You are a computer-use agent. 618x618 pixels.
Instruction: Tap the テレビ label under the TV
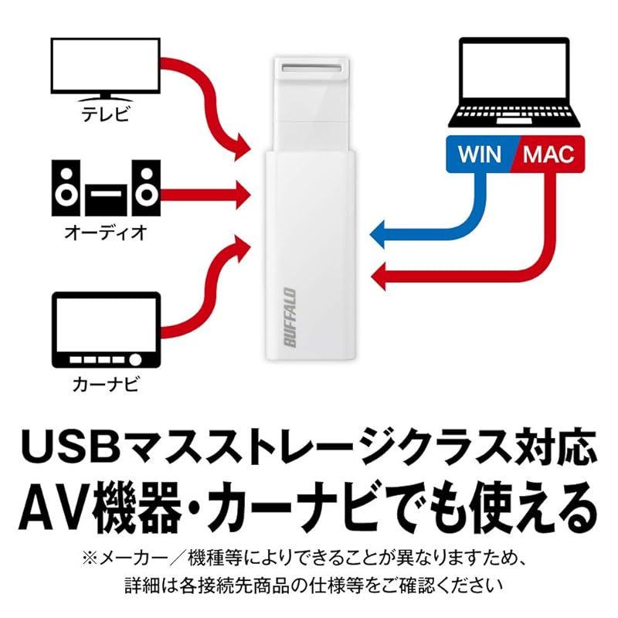[105, 113]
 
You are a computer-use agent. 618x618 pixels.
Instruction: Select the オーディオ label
[106, 233]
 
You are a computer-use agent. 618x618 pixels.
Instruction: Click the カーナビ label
[106, 383]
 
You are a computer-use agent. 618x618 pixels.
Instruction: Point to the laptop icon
[514, 82]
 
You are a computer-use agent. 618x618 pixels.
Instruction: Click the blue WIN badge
[481, 154]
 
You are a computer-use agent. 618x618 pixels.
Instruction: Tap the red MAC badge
[549, 154]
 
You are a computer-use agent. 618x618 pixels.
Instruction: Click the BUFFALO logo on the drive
[290, 317]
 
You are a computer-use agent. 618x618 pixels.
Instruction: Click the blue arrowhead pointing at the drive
[378, 235]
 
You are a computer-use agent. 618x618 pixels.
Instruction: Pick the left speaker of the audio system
[66, 188]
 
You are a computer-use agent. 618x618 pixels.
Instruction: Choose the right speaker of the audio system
[146, 188]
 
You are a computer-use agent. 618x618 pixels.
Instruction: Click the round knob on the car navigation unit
[135, 359]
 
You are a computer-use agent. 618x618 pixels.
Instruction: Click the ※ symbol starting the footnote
[90, 559]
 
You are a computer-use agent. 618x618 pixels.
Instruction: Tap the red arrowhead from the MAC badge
[379, 276]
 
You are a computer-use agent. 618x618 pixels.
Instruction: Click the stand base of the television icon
[106, 100]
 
